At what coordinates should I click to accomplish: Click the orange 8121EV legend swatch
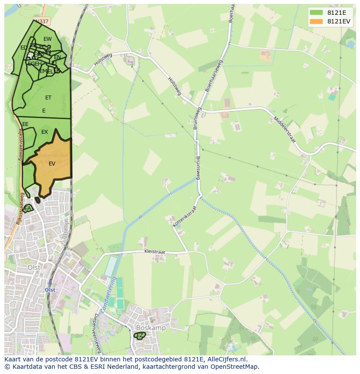pyautogui.click(x=316, y=21)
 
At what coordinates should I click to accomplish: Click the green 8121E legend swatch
pyautogui.click(x=316, y=13)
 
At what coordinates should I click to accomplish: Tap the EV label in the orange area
pyautogui.click(x=52, y=164)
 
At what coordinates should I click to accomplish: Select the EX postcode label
pyautogui.click(x=44, y=132)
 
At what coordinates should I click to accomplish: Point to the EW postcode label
pyautogui.click(x=47, y=39)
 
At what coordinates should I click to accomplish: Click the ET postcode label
pyautogui.click(x=48, y=98)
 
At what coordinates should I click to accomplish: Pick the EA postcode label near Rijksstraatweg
pyautogui.click(x=28, y=209)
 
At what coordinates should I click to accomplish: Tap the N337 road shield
pyautogui.click(x=42, y=21)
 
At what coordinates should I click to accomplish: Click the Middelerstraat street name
pyautogui.click(x=285, y=129)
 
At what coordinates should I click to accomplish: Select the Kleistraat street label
pyautogui.click(x=156, y=252)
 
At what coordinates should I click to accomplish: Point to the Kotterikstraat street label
pyautogui.click(x=185, y=216)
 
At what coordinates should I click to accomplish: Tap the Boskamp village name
pyautogui.click(x=150, y=328)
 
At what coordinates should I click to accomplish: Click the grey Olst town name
pyautogui.click(x=34, y=268)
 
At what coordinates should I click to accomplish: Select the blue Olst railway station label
pyautogui.click(x=50, y=290)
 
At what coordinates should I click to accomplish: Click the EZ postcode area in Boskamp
pyautogui.click(x=140, y=336)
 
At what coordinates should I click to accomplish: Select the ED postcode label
pyautogui.click(x=23, y=48)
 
